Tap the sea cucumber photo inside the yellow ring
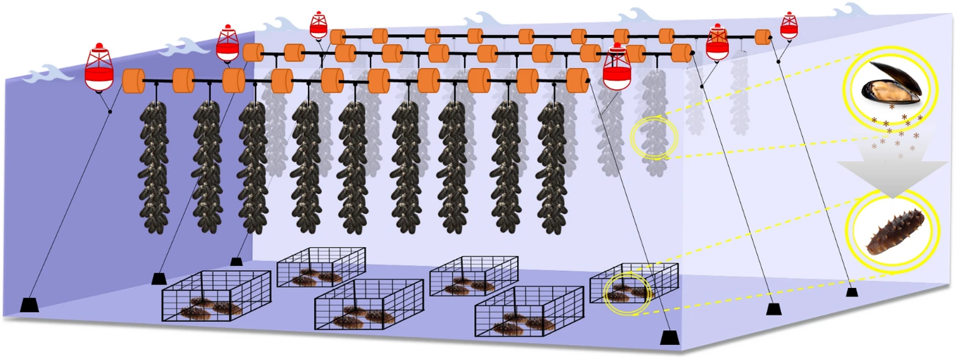892,232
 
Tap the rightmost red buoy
788,25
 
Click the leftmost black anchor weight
30,305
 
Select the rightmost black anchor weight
852,291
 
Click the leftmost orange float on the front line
133,81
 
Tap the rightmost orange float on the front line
577,80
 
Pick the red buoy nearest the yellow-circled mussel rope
616,67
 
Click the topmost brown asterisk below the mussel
892,107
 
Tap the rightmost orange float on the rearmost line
763,37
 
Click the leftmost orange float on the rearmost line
338,37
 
